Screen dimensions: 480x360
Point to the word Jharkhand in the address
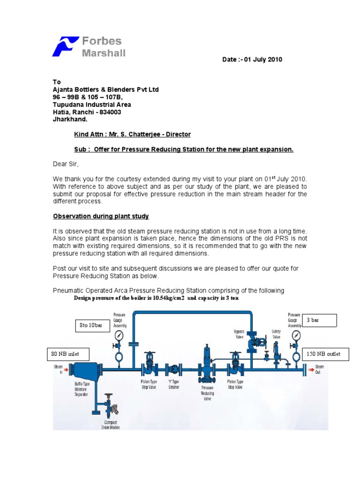(x=69, y=120)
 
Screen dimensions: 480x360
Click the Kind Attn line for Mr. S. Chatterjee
(x=132, y=135)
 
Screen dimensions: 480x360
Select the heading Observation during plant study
(x=100, y=216)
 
